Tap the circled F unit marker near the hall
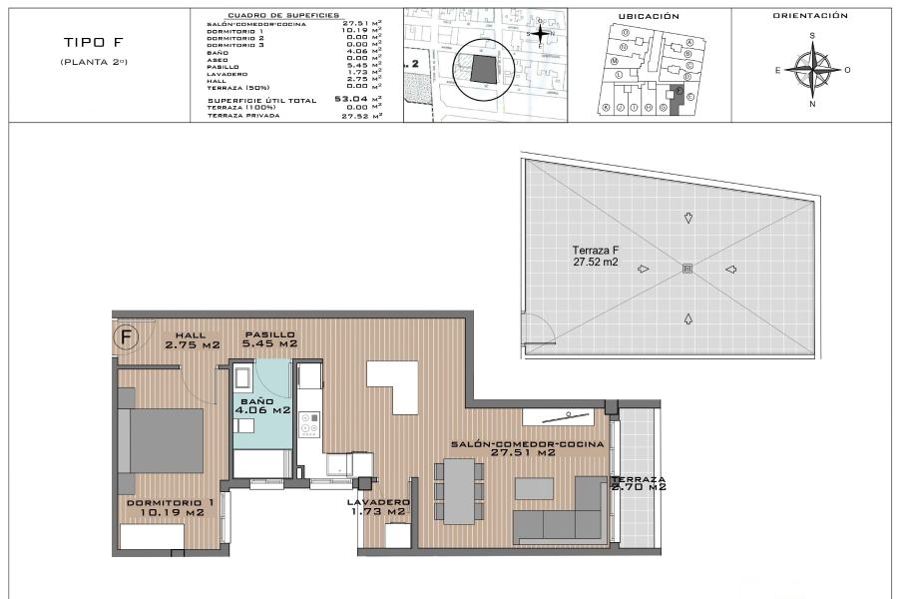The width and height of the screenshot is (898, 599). click(x=126, y=336)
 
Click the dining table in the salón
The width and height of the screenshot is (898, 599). click(x=460, y=490)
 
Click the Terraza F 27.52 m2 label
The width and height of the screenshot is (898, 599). click(x=595, y=257)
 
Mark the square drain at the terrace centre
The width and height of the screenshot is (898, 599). click(x=686, y=268)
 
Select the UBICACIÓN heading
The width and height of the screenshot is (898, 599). click(x=649, y=16)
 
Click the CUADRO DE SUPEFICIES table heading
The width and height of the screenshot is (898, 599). click(x=283, y=16)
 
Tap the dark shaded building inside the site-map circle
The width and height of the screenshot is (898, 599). click(x=483, y=69)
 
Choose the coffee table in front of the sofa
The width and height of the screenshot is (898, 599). click(x=535, y=486)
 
